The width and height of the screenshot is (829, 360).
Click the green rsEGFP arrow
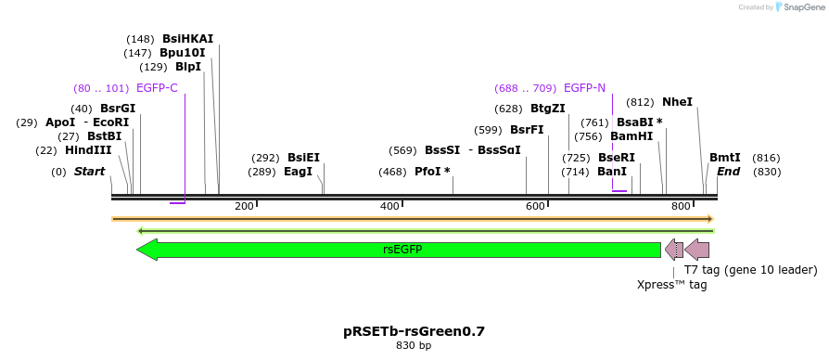(399, 250)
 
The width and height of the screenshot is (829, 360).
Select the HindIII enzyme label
(88, 150)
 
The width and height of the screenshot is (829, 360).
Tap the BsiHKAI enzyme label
(187, 39)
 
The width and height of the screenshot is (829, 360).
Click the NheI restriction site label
(677, 102)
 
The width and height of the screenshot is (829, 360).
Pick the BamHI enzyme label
(631, 135)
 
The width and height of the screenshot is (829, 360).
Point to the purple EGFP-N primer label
(584, 88)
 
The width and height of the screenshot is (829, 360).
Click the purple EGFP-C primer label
(157, 88)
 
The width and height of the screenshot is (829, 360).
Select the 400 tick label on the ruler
(389, 206)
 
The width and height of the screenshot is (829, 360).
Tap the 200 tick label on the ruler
(244, 206)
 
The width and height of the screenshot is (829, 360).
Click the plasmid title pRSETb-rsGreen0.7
(414, 331)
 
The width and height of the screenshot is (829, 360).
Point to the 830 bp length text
(414, 346)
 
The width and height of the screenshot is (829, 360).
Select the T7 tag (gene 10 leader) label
(750, 270)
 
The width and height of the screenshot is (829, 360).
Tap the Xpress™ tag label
(672, 285)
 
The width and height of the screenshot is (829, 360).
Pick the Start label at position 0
(89, 172)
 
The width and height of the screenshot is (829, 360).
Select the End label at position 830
(728, 172)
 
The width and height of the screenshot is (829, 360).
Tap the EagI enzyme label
(299, 172)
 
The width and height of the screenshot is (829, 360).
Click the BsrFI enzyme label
(527, 130)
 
